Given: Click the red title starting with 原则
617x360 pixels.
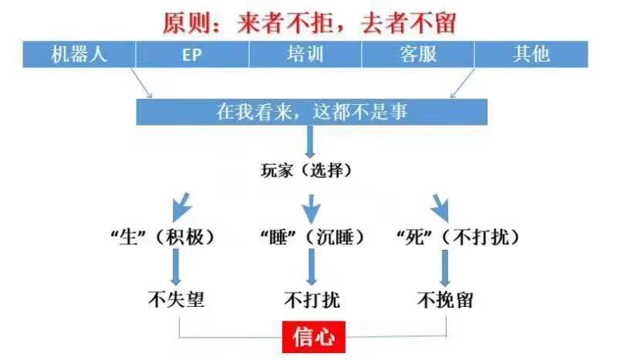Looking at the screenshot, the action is [309, 23].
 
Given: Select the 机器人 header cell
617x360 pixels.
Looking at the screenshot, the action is [79, 54].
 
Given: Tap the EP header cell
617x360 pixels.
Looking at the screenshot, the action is [192, 54].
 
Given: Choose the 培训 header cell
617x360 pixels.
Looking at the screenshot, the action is [305, 54].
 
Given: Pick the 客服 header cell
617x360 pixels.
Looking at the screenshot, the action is [418, 54].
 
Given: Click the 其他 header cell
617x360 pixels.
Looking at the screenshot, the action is [531, 54].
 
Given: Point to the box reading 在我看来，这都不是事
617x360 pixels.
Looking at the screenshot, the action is [312, 112].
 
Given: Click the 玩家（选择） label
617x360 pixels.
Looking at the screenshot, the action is [306, 170].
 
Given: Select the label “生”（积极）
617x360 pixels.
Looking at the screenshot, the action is [164, 237].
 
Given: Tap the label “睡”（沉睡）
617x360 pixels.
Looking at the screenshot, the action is [312, 237].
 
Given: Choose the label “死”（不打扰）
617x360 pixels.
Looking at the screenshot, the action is [458, 237].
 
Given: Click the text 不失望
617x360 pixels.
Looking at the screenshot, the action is [177, 299].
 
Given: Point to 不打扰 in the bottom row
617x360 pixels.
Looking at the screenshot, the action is [312, 300].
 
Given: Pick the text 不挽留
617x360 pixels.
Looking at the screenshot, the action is [445, 300].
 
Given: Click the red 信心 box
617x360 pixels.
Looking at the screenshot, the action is [314, 337].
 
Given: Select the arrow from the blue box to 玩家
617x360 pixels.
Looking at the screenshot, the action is [310, 142].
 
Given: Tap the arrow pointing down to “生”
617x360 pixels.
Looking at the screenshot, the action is [181, 207].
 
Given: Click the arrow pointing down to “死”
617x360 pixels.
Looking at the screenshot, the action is [440, 207].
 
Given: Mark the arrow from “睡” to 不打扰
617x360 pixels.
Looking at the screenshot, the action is [312, 267].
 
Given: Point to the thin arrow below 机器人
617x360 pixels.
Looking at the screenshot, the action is [141, 82].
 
